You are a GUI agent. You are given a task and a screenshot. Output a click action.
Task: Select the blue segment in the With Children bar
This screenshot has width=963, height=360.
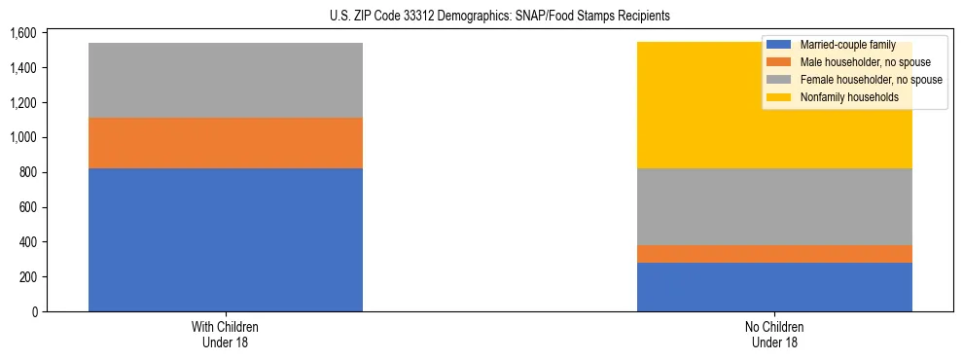click(226, 239)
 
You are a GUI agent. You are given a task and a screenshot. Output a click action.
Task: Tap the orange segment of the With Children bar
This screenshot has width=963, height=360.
click(226, 143)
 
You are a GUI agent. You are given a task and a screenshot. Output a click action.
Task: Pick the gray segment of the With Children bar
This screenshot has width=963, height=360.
click(226, 80)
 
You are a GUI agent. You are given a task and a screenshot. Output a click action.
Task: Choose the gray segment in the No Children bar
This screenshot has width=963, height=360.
click(774, 206)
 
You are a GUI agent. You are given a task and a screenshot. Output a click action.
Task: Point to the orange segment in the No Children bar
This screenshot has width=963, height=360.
click(774, 254)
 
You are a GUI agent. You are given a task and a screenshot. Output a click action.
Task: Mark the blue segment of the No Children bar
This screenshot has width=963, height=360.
click(774, 287)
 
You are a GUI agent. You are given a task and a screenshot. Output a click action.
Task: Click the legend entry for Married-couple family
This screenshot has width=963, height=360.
click(847, 45)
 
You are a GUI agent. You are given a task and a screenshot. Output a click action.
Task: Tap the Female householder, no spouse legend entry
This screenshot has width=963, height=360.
click(857, 80)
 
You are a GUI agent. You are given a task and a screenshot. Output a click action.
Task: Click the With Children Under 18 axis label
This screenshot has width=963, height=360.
click(226, 334)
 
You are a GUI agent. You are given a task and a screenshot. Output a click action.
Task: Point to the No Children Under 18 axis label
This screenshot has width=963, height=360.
click(774, 334)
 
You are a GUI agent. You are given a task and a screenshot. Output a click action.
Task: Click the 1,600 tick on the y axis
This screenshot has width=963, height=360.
click(22, 33)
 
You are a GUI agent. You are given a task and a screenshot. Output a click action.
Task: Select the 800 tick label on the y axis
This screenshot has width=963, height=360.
click(26, 172)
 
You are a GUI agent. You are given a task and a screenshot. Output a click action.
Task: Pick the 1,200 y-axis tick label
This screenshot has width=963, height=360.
click(22, 103)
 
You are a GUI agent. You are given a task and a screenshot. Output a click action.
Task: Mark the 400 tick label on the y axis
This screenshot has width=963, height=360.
click(26, 242)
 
